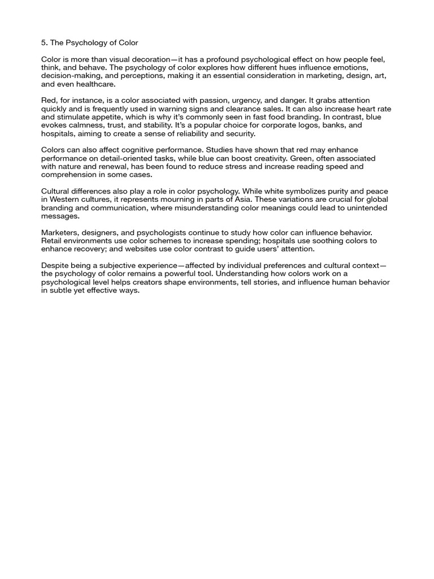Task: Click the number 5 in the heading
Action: click(x=44, y=43)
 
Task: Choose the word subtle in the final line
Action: click(x=63, y=291)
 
